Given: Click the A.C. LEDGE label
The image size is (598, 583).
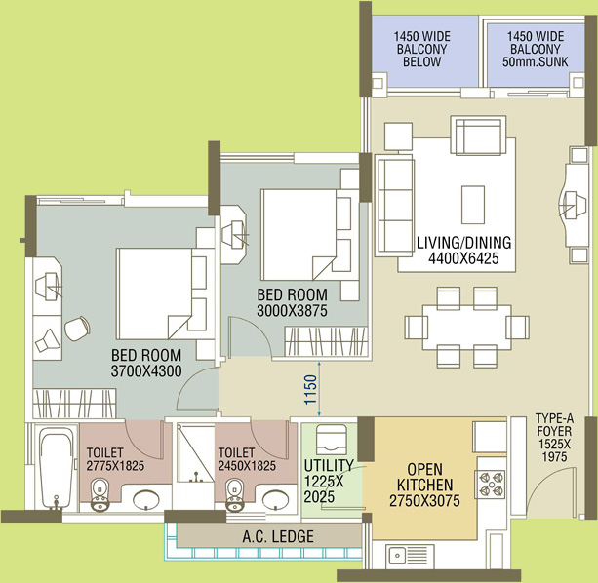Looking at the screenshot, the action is click(278, 536).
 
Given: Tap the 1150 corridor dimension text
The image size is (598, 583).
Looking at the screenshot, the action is click(311, 390).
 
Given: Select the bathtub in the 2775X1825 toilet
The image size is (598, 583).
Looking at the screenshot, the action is click(57, 468).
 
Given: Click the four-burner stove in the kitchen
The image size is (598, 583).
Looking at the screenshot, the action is click(490, 485).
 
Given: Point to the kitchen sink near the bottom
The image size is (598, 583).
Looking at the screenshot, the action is click(410, 557).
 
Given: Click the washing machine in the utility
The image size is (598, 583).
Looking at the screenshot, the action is click(332, 440).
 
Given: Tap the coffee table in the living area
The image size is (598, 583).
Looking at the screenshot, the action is click(473, 205).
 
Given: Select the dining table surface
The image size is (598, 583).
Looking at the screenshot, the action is click(467, 328).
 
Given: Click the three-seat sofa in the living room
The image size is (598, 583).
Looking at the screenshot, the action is click(395, 206).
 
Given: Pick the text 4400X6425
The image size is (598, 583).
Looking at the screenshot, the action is click(463, 258).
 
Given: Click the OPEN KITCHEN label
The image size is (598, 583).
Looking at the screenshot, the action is click(425, 477).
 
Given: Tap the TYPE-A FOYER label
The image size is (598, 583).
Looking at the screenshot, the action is click(554, 424).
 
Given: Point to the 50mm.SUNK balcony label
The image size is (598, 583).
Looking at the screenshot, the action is click(535, 61).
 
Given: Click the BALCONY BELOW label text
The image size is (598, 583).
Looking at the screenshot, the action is click(421, 56).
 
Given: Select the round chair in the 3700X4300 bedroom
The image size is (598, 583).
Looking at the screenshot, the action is click(77, 329).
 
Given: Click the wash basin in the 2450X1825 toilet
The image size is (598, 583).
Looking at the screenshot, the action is click(276, 499).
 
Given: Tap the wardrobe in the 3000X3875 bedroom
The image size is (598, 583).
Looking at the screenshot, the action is click(326, 341).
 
